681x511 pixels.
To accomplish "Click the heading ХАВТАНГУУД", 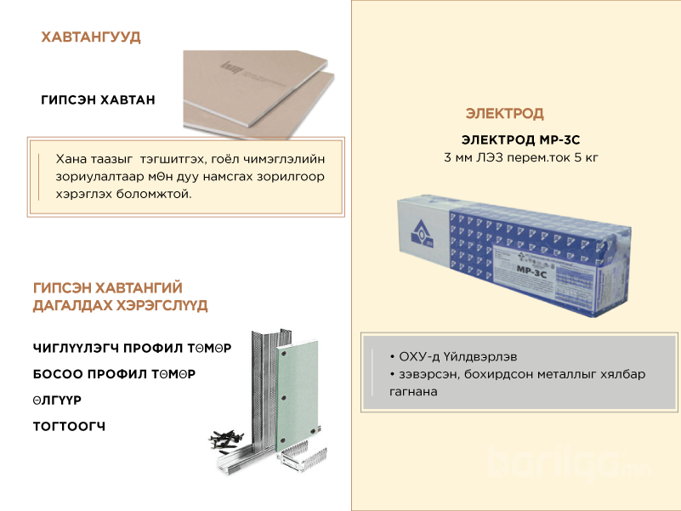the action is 91,37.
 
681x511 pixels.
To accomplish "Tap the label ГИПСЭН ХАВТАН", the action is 98,100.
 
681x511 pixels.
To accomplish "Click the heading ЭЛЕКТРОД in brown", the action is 505,113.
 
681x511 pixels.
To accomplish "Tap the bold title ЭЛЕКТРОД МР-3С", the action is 520,139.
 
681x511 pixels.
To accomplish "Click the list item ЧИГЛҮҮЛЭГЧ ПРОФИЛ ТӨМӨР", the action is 132,348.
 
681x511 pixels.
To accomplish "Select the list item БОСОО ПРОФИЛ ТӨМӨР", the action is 114,374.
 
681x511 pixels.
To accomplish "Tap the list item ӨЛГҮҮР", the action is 57,400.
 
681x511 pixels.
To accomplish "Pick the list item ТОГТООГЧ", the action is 69,426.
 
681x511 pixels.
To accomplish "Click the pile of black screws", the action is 225,440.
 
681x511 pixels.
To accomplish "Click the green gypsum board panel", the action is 298,396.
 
